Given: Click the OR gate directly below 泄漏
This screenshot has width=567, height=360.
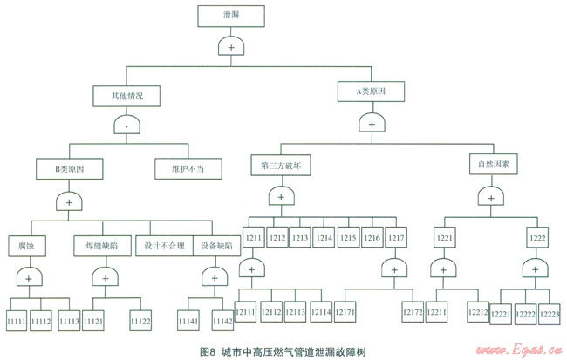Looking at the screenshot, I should tap(230, 47).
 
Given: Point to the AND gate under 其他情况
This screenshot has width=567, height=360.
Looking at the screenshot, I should tap(127, 126).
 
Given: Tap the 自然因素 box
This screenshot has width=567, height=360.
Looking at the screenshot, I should tap(494, 163).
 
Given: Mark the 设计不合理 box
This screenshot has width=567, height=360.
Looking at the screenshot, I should tap(164, 246).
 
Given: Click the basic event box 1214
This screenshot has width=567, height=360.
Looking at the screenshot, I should tap(324, 236).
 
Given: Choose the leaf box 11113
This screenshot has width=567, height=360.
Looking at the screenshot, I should tap(70, 320).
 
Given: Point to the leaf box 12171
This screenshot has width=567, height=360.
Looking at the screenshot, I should tap(345, 312).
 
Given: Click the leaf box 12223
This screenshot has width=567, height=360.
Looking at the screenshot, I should tap(550, 314).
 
